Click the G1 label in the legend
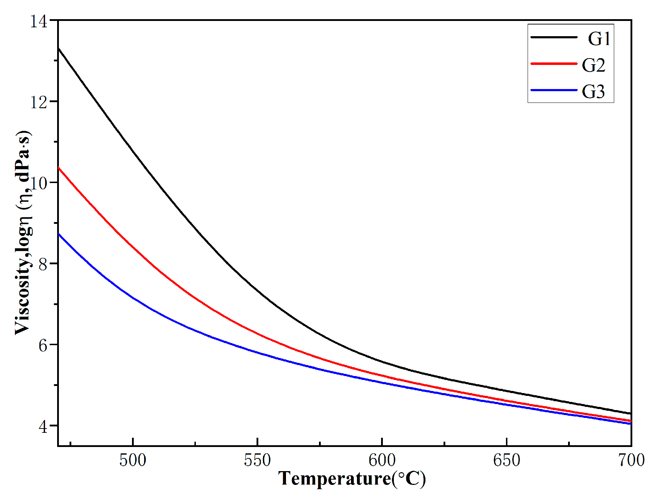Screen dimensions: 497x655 coord(599,38)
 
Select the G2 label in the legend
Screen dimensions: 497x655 coord(593,65)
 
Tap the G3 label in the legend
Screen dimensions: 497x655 coord(593,92)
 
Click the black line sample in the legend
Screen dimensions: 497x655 coord(554,37)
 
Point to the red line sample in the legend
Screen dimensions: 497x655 coord(554,63)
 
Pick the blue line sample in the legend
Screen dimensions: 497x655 coord(554,90)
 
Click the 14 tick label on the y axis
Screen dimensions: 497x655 coord(38,21)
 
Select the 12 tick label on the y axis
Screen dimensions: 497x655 coord(38,102)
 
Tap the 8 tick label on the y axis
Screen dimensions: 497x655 coord(43,264)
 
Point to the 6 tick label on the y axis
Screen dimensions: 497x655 coord(43,345)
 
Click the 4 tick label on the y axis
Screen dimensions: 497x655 coord(43,426)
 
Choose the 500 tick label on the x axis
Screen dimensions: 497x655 coord(133,460)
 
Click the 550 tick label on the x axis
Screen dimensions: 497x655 coord(257,460)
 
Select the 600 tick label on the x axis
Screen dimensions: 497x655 coord(382,460)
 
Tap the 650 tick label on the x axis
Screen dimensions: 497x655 coord(506,460)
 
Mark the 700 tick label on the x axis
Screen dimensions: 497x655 coord(631,460)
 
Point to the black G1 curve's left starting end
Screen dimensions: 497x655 coord(59,49)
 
